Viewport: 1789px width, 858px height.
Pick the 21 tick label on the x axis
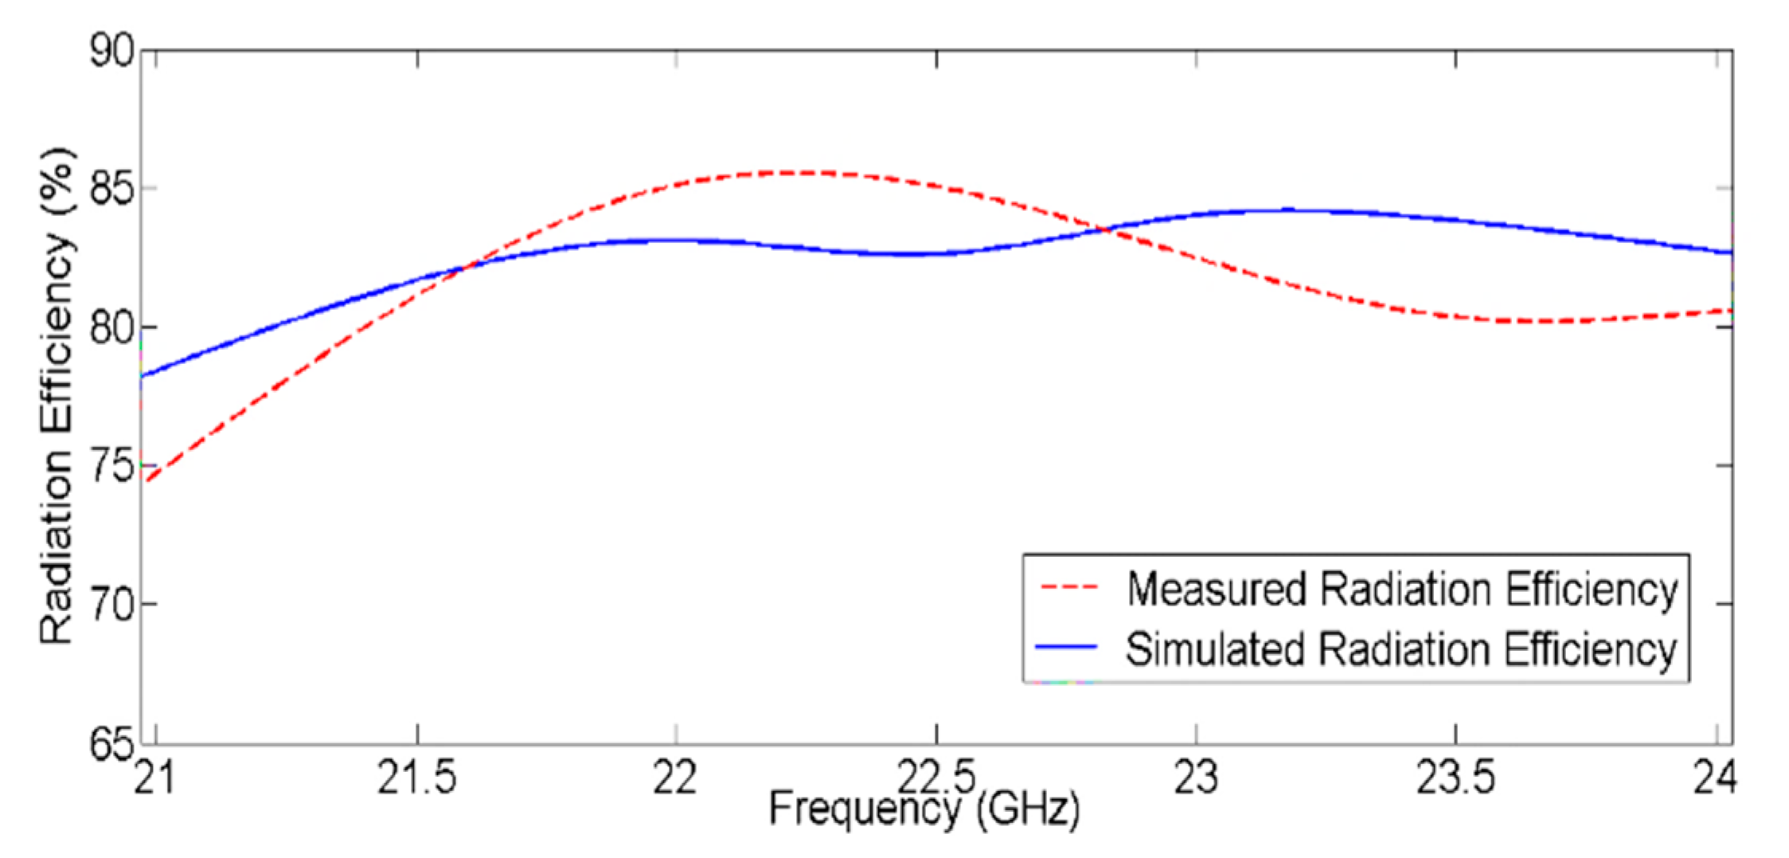click(154, 778)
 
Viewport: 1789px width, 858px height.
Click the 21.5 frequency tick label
click(416, 778)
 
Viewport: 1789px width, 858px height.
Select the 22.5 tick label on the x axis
click(936, 778)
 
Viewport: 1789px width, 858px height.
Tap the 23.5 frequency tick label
click(1455, 778)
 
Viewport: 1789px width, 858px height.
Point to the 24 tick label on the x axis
click(1714, 778)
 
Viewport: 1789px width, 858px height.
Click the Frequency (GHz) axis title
click(924, 809)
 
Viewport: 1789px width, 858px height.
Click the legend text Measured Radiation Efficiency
click(1401, 589)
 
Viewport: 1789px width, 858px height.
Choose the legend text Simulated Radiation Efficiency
click(1401, 648)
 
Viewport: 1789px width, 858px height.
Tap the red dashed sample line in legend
click(1068, 589)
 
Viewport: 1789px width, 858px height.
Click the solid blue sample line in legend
click(1068, 647)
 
